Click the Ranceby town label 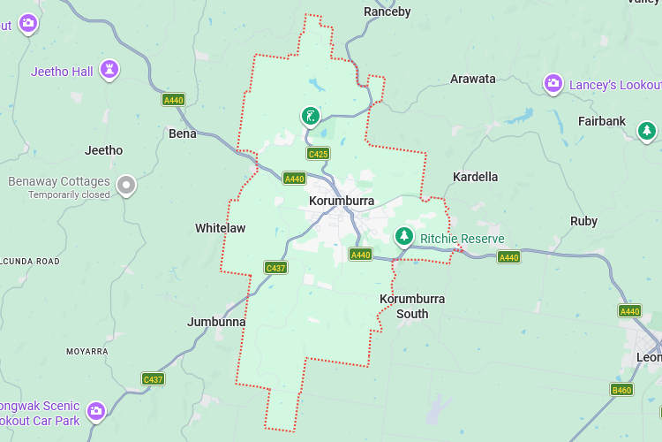point(387,11)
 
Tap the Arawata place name point(473,79)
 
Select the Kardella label point(475,177)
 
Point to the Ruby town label point(583,221)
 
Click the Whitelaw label point(220,228)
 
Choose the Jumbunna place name point(216,322)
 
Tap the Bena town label point(183,133)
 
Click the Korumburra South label point(412,306)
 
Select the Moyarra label point(87,351)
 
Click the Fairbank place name point(602,121)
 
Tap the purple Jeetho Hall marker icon point(109,69)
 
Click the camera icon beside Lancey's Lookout point(553,84)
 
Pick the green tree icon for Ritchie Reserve point(404,236)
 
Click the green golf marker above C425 point(310,116)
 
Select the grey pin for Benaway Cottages point(126,185)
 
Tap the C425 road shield point(319,154)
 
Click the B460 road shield point(622,389)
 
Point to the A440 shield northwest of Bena point(174,100)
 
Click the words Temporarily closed point(69,194)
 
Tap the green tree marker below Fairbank point(647,131)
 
